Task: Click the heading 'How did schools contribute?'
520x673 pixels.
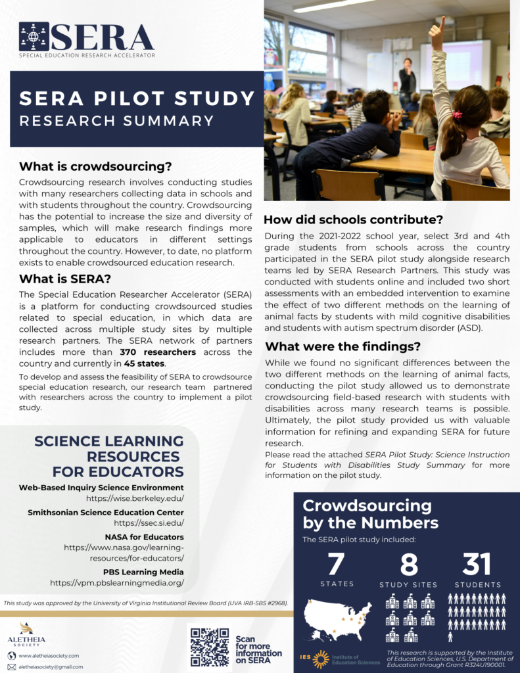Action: (354, 219)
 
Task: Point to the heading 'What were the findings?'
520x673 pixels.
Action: (343, 346)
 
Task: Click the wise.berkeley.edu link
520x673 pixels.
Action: (135, 499)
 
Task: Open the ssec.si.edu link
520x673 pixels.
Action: (149, 523)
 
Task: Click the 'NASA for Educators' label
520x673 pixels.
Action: (144, 536)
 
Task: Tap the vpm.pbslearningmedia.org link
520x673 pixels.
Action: (117, 582)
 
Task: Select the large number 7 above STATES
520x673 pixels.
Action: (336, 563)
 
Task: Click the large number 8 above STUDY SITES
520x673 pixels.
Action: (408, 565)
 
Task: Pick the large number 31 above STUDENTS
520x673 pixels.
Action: (477, 563)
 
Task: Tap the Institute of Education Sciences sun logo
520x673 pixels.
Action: (321, 659)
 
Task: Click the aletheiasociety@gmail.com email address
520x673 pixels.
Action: (51, 666)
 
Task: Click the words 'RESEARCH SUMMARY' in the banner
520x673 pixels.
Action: (116, 121)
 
